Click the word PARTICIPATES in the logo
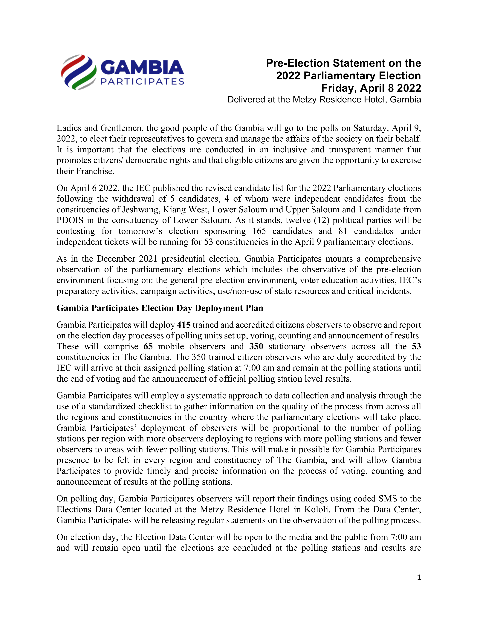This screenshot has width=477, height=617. click(142, 82)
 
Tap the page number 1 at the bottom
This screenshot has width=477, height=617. click(419, 577)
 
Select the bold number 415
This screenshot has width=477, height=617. click(184, 325)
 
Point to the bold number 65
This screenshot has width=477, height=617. click(148, 346)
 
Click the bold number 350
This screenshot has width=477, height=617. click(256, 346)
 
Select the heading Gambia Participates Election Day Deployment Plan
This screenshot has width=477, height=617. click(160, 308)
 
